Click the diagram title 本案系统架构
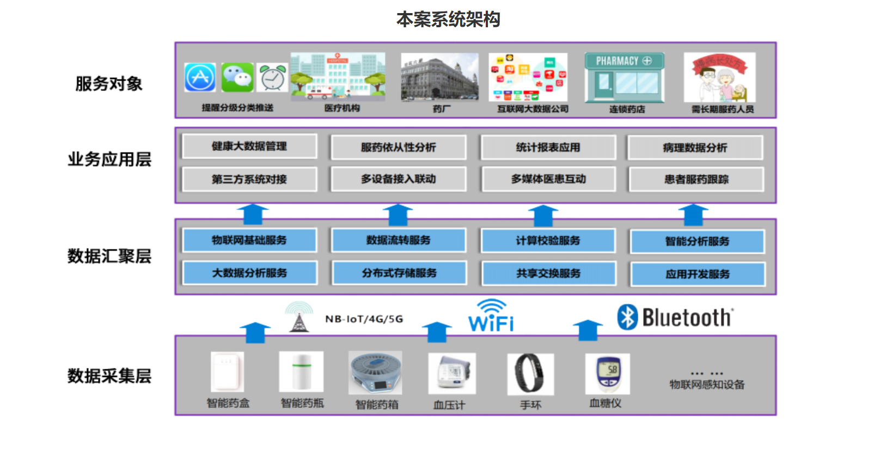click(448, 20)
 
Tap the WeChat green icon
click(237, 77)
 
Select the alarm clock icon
click(272, 78)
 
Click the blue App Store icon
click(200, 77)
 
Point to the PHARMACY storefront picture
click(625, 77)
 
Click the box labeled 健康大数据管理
click(249, 146)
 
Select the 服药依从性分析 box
click(398, 147)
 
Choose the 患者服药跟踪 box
click(696, 179)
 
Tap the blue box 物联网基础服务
click(249, 240)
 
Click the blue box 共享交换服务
click(548, 273)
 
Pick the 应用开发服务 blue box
click(698, 274)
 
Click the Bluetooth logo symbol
click(627, 317)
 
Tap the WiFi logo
click(491, 316)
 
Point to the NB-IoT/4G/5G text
click(364, 319)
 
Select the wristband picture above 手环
click(530, 374)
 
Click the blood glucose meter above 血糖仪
click(608, 374)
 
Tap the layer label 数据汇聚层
click(109, 256)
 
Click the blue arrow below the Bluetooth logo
click(588, 330)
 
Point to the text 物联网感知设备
click(707, 385)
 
